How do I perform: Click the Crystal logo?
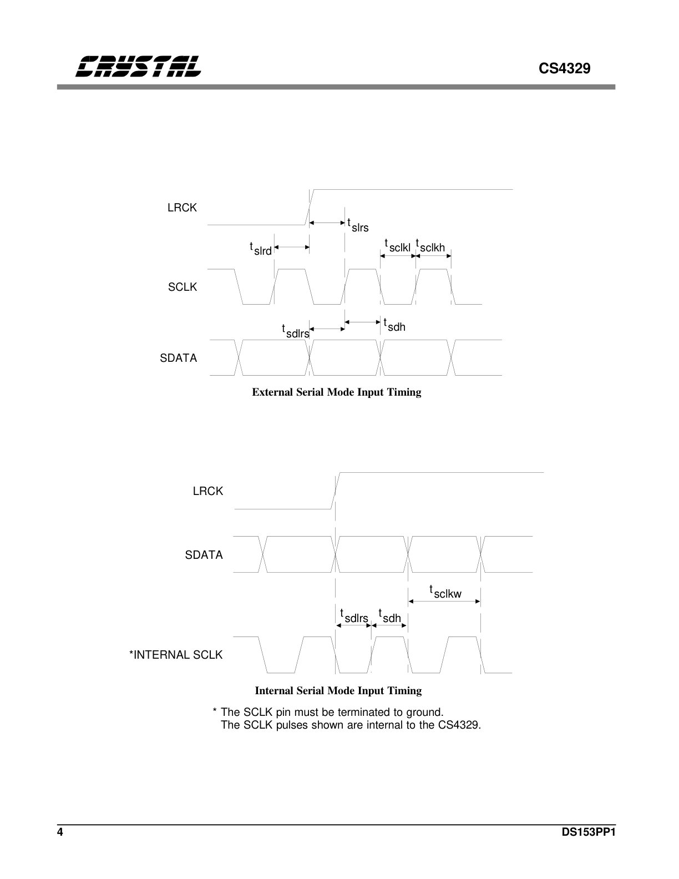(x=138, y=67)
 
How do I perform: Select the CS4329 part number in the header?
(x=564, y=68)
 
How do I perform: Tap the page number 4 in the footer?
(x=60, y=832)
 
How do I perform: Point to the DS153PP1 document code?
(x=589, y=832)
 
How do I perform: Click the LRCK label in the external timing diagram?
(x=182, y=208)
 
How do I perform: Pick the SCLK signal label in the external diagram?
(x=183, y=287)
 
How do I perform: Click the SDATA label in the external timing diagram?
(x=178, y=358)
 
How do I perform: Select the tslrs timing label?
(x=358, y=225)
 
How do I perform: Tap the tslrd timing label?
(x=260, y=249)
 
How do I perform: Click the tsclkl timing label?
(x=397, y=246)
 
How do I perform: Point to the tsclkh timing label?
(x=430, y=246)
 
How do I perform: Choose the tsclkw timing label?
(x=445, y=592)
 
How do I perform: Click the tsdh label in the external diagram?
(x=394, y=325)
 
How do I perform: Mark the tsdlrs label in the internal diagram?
(x=354, y=616)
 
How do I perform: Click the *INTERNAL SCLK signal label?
(x=176, y=655)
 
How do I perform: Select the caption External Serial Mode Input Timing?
(x=337, y=392)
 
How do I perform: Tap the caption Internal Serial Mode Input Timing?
(x=338, y=690)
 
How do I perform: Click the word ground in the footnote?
(x=424, y=712)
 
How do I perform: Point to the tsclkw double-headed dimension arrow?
(x=444, y=602)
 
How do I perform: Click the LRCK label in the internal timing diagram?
(x=208, y=491)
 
